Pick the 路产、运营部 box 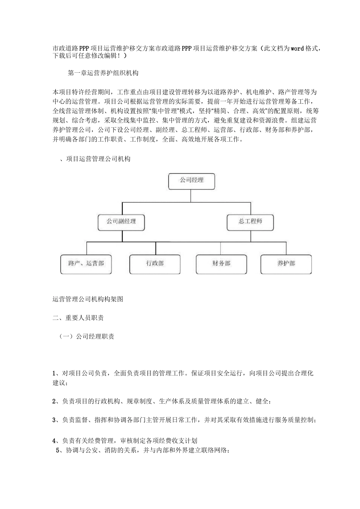pyautogui.click(x=86, y=264)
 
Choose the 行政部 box pyautogui.click(x=155, y=264)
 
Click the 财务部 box pyautogui.click(x=221, y=264)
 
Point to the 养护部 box pyautogui.click(x=286, y=264)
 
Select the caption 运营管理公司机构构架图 pyautogui.click(x=88, y=299)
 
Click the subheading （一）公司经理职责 pyautogui.click(x=86, y=336)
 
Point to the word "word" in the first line pyautogui.click(x=297, y=49)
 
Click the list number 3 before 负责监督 pyautogui.click(x=54, y=420)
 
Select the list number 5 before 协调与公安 pyautogui.click(x=58, y=450)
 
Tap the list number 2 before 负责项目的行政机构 pyautogui.click(x=54, y=401)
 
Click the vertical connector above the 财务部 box pyautogui.click(x=221, y=248)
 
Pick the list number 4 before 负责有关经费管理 pyautogui.click(x=54, y=440)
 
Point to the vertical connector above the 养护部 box pyautogui.click(x=286, y=248)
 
